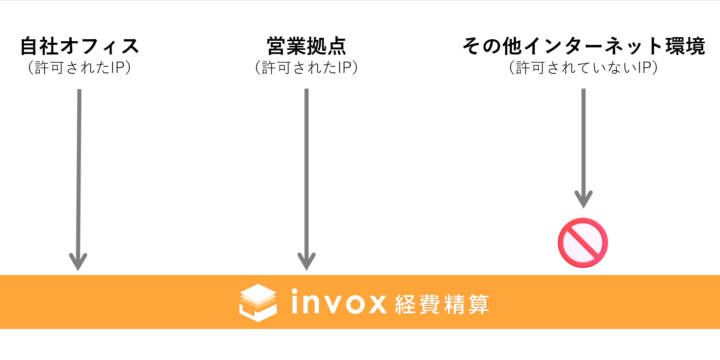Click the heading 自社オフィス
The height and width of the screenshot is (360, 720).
tap(79, 47)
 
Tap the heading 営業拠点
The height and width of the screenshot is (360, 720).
tap(306, 47)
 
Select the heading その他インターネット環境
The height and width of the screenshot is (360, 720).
tap(582, 47)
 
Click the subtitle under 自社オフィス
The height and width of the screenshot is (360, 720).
tap(79, 68)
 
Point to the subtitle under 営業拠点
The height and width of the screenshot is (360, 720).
tap(306, 68)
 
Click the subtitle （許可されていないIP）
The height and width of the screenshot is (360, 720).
tap(582, 68)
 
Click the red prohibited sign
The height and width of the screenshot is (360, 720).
tap(583, 241)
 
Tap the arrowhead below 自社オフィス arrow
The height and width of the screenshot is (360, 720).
tap(79, 260)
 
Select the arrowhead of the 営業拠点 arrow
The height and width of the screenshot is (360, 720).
tap(306, 260)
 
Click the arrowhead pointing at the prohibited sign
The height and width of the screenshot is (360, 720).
tap(583, 198)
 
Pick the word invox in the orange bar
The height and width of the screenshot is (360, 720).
tap(338, 302)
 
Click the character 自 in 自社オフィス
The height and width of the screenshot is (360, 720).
tap(29, 47)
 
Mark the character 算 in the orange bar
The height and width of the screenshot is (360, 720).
tap(478, 302)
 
